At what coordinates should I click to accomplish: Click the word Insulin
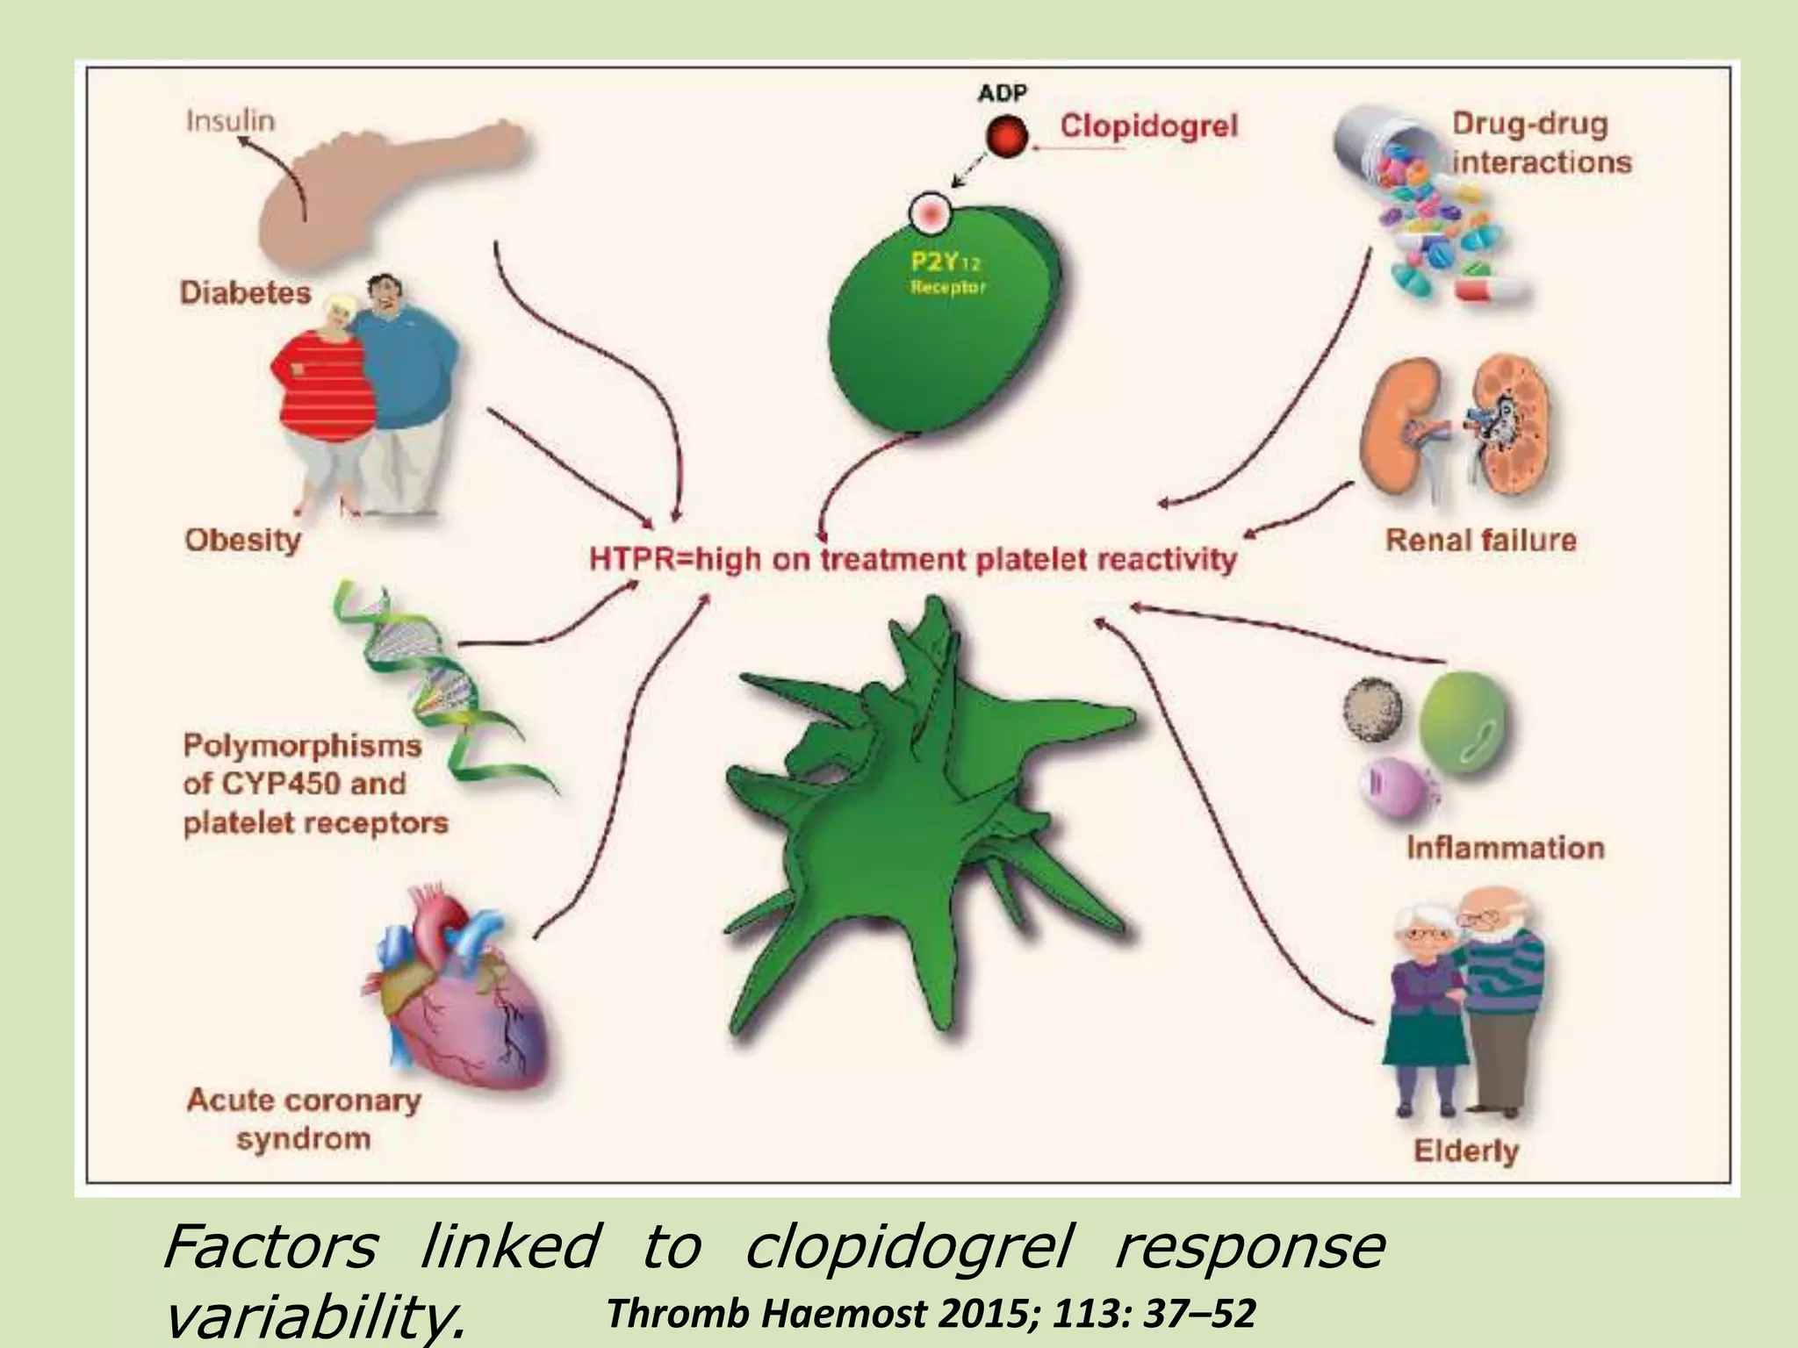230,120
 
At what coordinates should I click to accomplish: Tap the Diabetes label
246,292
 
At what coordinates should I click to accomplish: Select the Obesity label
242,540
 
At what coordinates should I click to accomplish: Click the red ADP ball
1005,138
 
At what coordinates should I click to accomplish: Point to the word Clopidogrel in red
1148,125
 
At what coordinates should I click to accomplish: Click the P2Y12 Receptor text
946,272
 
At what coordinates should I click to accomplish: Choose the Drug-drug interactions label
1541,143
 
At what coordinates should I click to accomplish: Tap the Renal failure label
1480,540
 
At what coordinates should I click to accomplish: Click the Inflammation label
1505,848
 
